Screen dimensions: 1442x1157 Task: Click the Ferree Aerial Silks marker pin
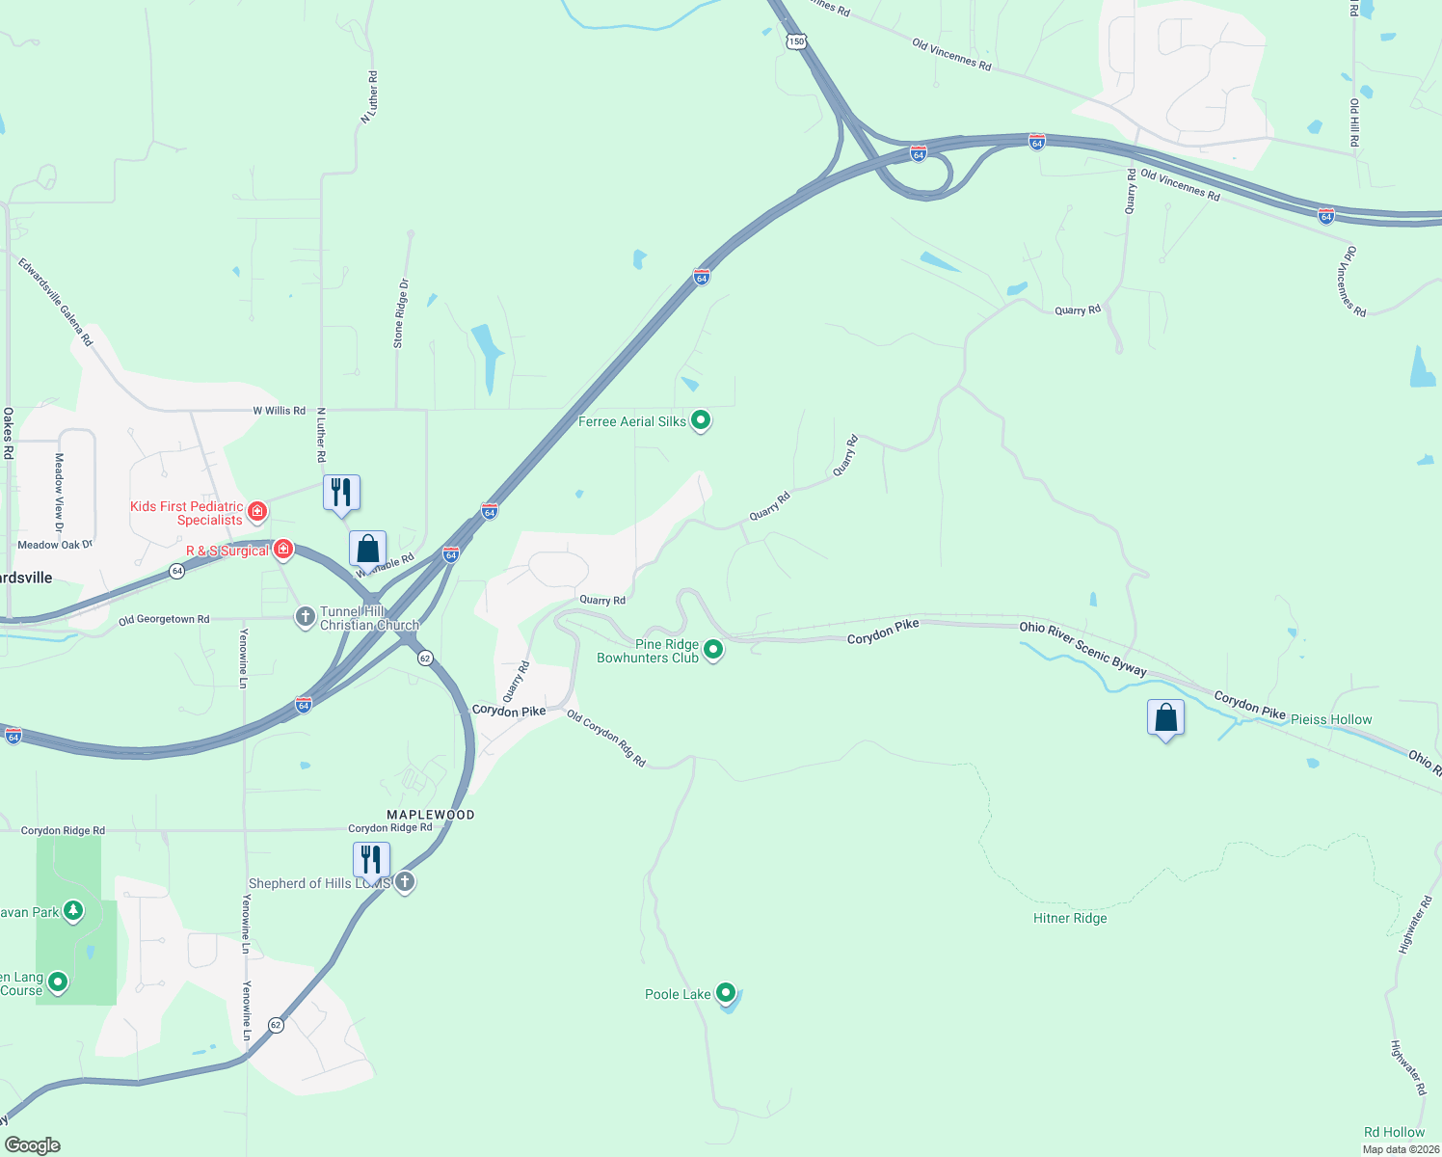click(701, 420)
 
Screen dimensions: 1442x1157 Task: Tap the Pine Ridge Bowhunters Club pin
click(713, 650)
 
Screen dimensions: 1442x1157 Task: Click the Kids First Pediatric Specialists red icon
click(257, 511)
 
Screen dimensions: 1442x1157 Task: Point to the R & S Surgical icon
click(283, 550)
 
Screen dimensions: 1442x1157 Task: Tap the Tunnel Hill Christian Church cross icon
click(306, 617)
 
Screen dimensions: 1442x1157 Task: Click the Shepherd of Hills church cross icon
click(405, 881)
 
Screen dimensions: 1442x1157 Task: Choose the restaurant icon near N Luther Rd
click(341, 493)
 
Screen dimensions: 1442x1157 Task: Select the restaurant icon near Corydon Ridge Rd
click(371, 859)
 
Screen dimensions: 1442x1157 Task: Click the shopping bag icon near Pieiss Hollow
click(1165, 718)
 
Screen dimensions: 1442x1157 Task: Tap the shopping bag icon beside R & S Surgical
click(367, 550)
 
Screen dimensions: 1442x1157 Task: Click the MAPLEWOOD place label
click(431, 815)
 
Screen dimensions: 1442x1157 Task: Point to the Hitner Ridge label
click(1070, 918)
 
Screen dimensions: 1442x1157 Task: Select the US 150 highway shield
click(795, 41)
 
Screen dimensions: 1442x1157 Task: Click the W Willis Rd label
click(280, 411)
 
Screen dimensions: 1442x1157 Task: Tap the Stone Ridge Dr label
click(400, 313)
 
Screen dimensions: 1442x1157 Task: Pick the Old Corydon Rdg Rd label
click(606, 739)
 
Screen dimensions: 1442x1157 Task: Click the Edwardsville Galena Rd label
click(55, 301)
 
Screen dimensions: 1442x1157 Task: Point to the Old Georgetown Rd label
click(164, 620)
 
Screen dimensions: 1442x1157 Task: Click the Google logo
click(32, 1144)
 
